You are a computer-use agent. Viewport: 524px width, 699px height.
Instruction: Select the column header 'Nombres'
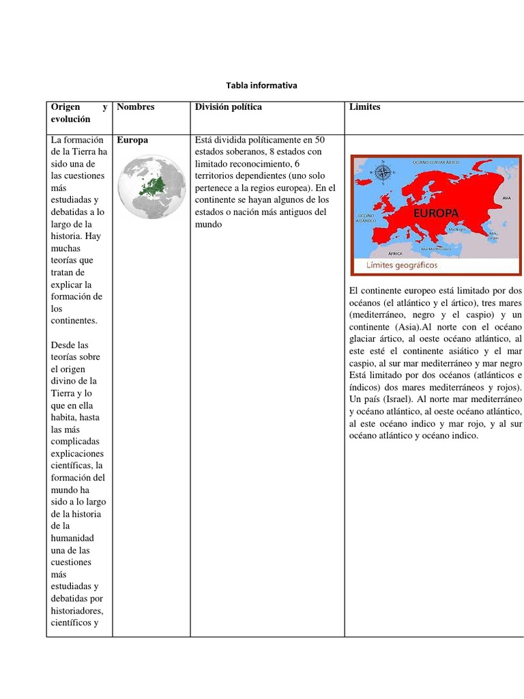tap(136, 107)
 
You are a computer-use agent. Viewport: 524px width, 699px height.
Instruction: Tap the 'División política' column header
tap(228, 107)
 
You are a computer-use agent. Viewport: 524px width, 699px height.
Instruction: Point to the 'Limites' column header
tap(364, 107)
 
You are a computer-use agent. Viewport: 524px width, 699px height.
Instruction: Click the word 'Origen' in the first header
tap(65, 107)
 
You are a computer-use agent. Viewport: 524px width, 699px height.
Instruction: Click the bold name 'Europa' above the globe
tap(132, 140)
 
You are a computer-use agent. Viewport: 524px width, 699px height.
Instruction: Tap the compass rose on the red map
tap(384, 173)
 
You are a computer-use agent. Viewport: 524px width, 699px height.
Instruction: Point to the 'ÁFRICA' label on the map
tap(396, 251)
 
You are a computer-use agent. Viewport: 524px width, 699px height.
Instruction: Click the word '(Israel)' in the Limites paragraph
tap(395, 399)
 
